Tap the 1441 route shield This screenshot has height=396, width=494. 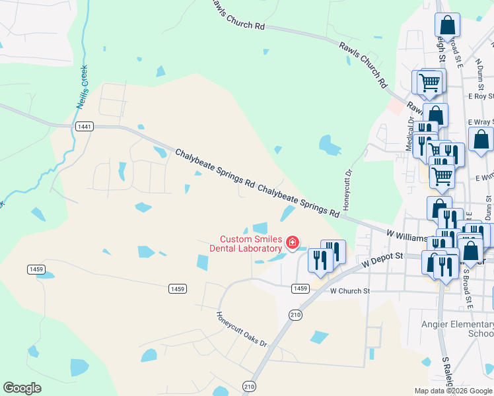[x=84, y=127]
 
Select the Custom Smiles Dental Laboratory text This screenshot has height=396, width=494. [x=250, y=244]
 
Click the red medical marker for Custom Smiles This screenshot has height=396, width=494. [x=292, y=244]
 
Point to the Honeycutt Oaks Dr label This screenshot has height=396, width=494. [x=242, y=329]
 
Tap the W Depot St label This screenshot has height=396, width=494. [x=383, y=259]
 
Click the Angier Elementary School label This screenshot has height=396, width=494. [x=458, y=329]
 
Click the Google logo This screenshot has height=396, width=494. [x=22, y=388]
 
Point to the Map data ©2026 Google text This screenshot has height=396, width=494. [x=452, y=391]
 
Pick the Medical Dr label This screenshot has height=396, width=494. [x=410, y=135]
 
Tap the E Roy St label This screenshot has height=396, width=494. [x=480, y=96]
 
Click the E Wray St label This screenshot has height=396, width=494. [x=480, y=122]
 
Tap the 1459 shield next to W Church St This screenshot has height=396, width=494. [x=300, y=288]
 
